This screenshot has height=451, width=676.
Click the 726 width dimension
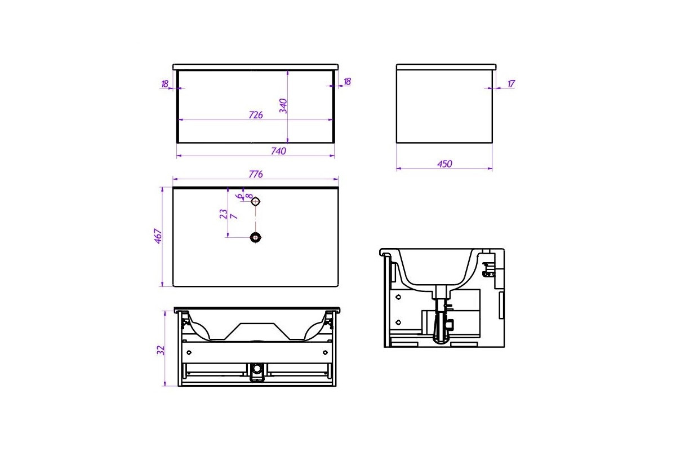(x=256, y=115)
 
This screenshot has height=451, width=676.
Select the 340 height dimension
(x=283, y=106)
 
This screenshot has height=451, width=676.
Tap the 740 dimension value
(x=278, y=151)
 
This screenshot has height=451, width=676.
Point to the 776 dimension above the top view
(x=256, y=174)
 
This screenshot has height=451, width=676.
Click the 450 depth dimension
(x=444, y=163)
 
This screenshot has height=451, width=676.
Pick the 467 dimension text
(x=158, y=236)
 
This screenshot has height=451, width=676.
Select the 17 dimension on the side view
(x=511, y=83)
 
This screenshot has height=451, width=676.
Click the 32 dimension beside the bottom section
(x=161, y=350)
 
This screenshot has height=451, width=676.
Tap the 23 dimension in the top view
(x=223, y=214)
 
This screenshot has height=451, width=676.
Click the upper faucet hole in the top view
(x=255, y=201)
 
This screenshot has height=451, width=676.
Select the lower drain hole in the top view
(x=255, y=237)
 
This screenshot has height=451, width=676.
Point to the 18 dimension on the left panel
(x=164, y=83)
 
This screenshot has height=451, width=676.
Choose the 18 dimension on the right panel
(x=347, y=81)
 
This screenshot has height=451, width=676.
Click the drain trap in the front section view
(x=257, y=372)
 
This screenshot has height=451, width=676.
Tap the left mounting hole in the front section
(x=189, y=352)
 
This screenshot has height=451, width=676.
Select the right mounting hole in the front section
(x=325, y=352)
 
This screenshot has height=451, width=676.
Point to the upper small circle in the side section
(x=398, y=297)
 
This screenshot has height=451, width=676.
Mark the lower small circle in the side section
(x=398, y=322)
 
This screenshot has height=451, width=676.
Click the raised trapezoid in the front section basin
(x=257, y=331)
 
